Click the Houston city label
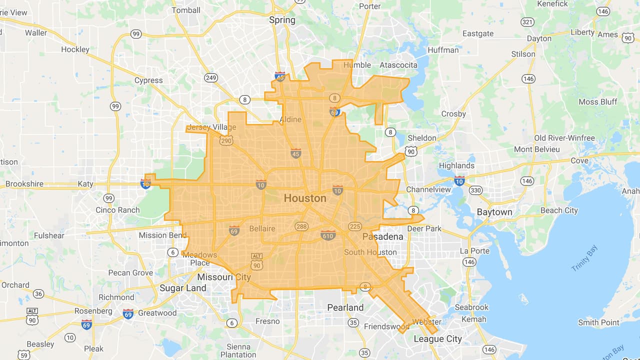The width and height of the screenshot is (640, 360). pyautogui.click(x=305, y=198)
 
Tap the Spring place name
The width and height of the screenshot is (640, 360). pyautogui.click(x=282, y=20)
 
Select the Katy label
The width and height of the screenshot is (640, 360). pyautogui.click(x=85, y=184)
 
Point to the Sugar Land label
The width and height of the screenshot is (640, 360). pyautogui.click(x=182, y=288)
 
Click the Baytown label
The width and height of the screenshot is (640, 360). pyautogui.click(x=494, y=212)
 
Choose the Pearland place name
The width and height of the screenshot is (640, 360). pyautogui.click(x=345, y=307)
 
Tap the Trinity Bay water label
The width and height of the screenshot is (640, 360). pyautogui.click(x=584, y=258)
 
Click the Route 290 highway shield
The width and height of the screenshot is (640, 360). pyautogui.click(x=226, y=141)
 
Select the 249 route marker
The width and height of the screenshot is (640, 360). pyautogui.click(x=211, y=77)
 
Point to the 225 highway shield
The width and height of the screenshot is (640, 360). pyautogui.click(x=355, y=226)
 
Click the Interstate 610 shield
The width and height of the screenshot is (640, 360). pyautogui.click(x=328, y=235)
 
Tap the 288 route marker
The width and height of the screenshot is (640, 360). pyautogui.click(x=301, y=226)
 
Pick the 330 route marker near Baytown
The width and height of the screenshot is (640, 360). pyautogui.click(x=475, y=190)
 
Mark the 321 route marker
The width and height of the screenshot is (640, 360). pyautogui.click(x=527, y=22)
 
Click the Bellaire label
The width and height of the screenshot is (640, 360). pyautogui.click(x=262, y=229)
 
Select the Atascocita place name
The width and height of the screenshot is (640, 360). pyautogui.click(x=398, y=65)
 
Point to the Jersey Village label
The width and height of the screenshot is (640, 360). pyautogui.click(x=211, y=127)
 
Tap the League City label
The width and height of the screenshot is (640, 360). pyautogui.click(x=438, y=339)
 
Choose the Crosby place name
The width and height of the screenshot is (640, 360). pyautogui.click(x=453, y=114)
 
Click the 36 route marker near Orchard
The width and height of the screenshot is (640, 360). pyautogui.click(x=38, y=293)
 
